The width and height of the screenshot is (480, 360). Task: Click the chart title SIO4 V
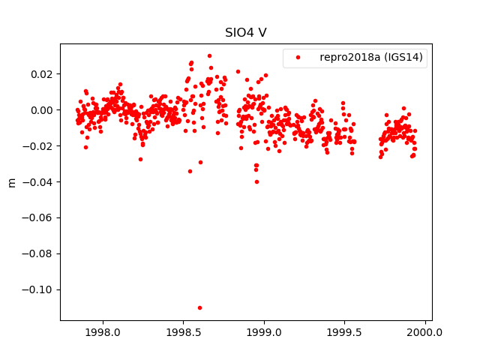coord(245,33)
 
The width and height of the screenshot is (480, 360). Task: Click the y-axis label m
coord(11,182)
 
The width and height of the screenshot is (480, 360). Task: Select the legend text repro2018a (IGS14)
coord(370,58)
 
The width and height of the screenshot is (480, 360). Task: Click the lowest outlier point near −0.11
coord(199,307)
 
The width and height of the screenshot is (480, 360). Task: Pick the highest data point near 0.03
coord(209,55)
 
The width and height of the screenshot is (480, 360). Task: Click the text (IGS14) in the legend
coord(402,58)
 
